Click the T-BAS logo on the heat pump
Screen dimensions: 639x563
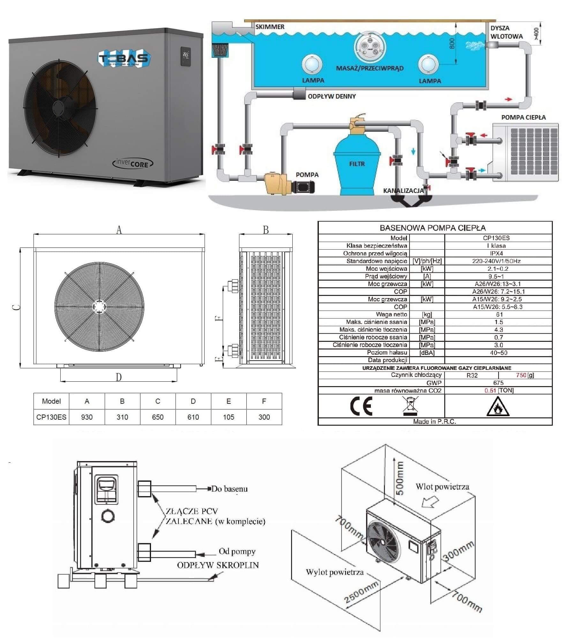point(124,59)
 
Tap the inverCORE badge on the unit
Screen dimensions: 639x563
point(133,163)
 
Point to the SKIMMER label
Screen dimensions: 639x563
point(270,27)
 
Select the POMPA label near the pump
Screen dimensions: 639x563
point(307,175)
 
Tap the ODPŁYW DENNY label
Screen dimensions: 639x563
point(332,96)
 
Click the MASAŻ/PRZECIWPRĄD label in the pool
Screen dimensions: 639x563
point(370,68)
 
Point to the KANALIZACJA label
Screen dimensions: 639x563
point(403,191)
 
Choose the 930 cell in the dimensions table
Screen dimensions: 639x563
point(87,417)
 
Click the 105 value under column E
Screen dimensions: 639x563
point(229,417)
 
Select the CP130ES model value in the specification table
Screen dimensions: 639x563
point(499,238)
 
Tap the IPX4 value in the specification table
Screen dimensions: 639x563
point(499,253)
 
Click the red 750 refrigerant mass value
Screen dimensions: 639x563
point(521,375)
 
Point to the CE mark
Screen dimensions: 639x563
point(361,406)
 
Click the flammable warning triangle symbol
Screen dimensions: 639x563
point(498,407)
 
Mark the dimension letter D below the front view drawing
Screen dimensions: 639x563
point(119,378)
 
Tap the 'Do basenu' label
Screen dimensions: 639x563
point(229,489)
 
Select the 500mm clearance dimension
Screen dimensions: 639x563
point(399,478)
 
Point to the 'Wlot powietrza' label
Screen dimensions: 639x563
point(442,487)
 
